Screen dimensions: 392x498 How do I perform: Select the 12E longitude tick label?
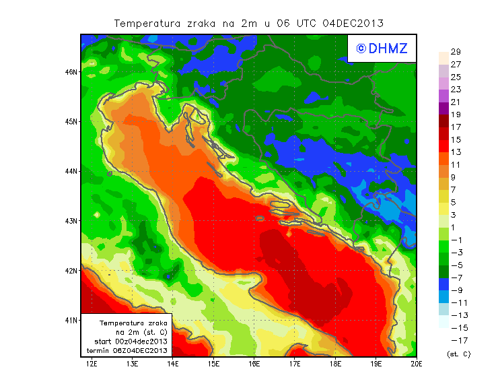92,364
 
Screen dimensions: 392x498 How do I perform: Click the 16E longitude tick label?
254,364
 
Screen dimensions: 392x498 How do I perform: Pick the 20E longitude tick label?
417,364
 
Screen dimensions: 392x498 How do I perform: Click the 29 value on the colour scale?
455,52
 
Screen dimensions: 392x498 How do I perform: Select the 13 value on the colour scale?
455,152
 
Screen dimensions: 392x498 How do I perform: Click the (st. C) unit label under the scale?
458,354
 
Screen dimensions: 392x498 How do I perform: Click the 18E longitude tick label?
335,364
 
